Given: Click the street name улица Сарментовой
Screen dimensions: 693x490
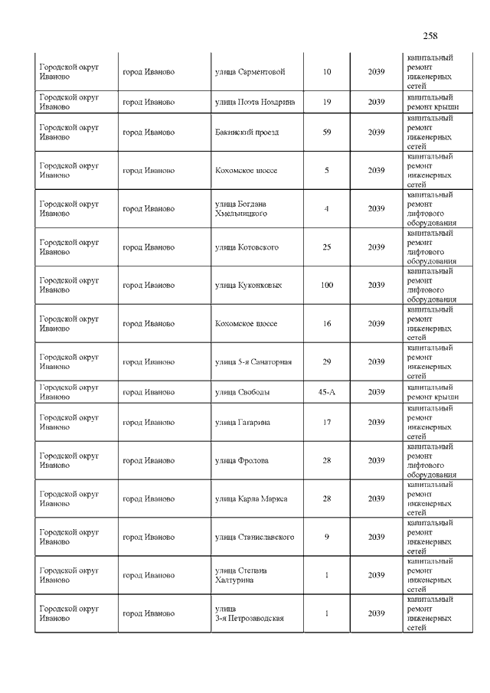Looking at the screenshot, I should [x=250, y=72].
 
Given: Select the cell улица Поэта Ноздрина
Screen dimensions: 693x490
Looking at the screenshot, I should [x=255, y=102].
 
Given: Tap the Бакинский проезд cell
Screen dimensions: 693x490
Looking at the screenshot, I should [x=247, y=132].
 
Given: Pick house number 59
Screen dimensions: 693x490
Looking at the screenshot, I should [x=327, y=132].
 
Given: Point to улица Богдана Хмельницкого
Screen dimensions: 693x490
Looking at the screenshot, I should [x=241, y=209].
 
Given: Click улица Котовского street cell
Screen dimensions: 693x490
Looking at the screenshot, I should [x=247, y=247].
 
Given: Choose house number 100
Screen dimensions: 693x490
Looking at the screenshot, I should [x=327, y=286].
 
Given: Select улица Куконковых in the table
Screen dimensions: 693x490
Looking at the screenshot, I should [x=248, y=286].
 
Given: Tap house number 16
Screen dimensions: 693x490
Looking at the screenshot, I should [x=327, y=324].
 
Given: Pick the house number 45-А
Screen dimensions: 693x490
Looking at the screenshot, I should [x=327, y=392].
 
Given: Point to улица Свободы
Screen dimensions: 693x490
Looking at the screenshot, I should [x=242, y=392].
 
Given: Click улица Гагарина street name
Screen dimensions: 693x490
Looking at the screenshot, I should [x=243, y=423].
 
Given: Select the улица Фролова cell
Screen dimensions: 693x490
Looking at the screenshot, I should [x=242, y=461].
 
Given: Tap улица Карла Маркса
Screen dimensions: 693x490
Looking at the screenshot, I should [x=251, y=499].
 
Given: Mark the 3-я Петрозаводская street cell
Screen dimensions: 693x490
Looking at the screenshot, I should [x=250, y=613].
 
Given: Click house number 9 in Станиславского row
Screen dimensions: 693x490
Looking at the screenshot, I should [x=327, y=537].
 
